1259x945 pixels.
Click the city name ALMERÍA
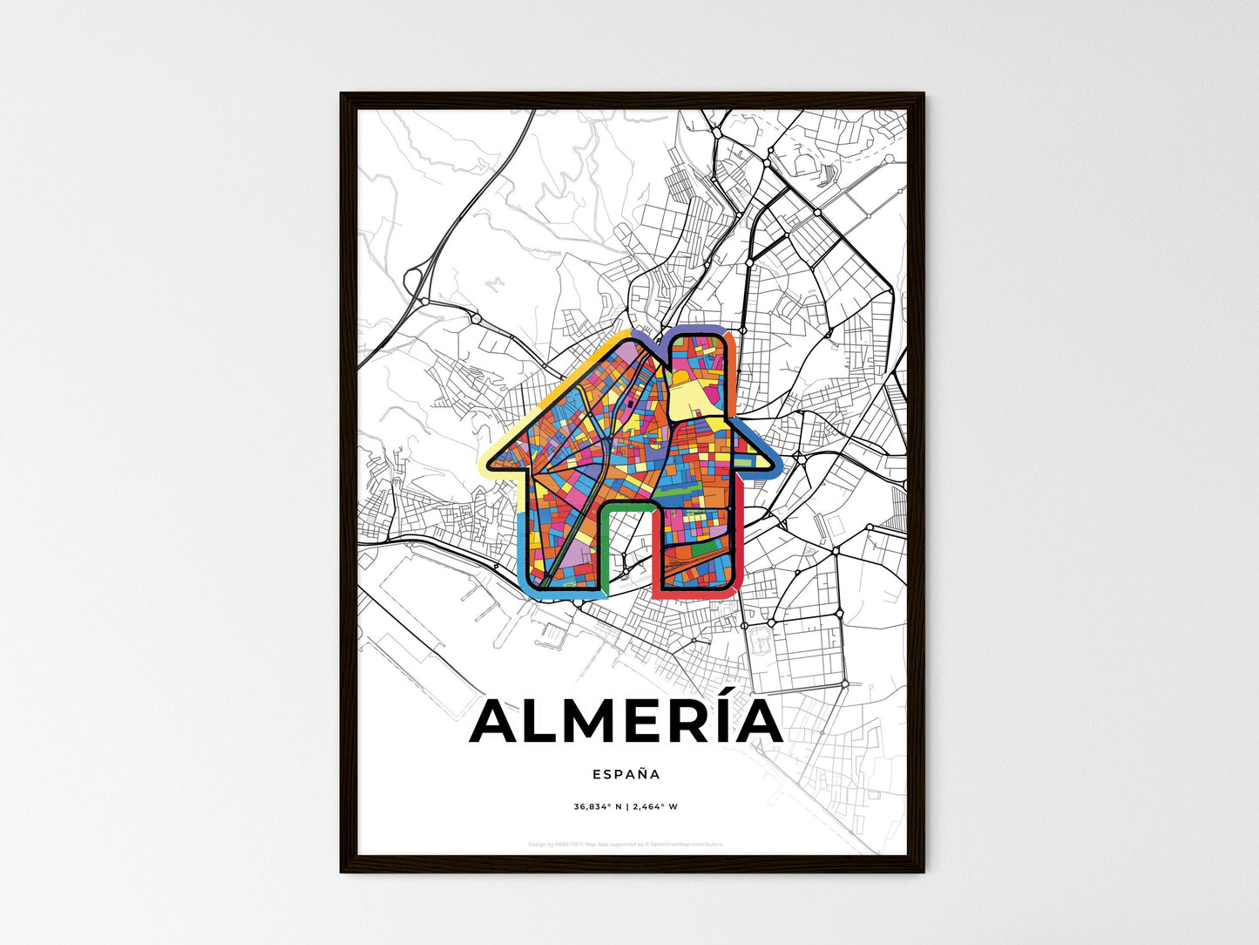626,723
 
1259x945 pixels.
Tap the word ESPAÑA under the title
626,774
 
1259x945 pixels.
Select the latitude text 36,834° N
598,807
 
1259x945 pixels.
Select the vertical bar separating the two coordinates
627,807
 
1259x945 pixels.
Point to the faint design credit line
626,845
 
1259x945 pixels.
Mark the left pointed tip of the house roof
485,461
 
